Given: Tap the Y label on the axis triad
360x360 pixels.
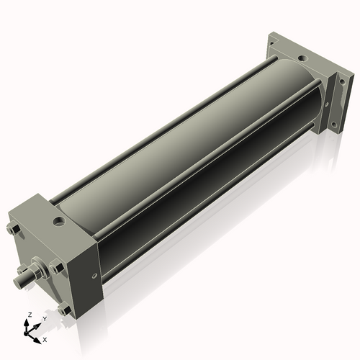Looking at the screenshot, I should pos(44,318).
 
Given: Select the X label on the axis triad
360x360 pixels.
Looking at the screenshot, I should pos(45,338).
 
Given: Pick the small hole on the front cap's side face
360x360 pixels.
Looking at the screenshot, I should pos(92,275).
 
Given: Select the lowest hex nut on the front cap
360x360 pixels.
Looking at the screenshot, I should pos(66,311).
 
